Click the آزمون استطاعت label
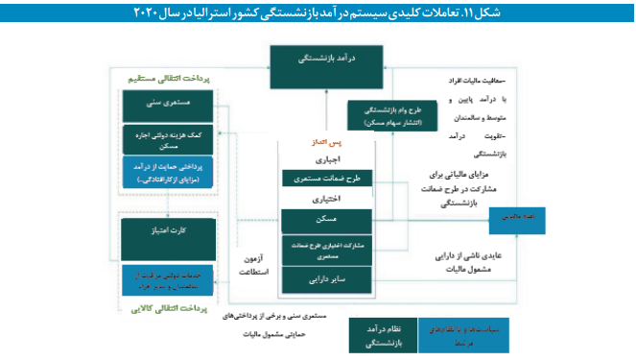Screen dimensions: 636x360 [253, 265]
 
